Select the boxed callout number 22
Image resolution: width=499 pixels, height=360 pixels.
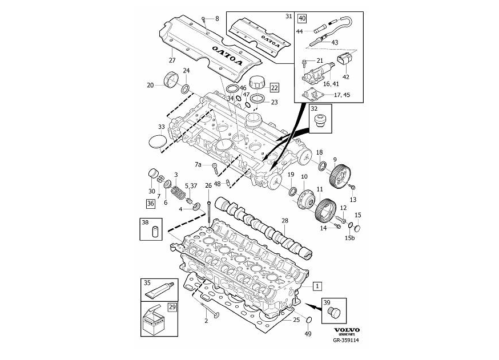click(275, 87)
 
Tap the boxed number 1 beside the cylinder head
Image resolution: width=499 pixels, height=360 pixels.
click(317, 285)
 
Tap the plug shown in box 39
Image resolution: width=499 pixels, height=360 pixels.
click(336, 310)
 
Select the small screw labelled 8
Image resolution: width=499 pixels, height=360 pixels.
click(203, 19)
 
